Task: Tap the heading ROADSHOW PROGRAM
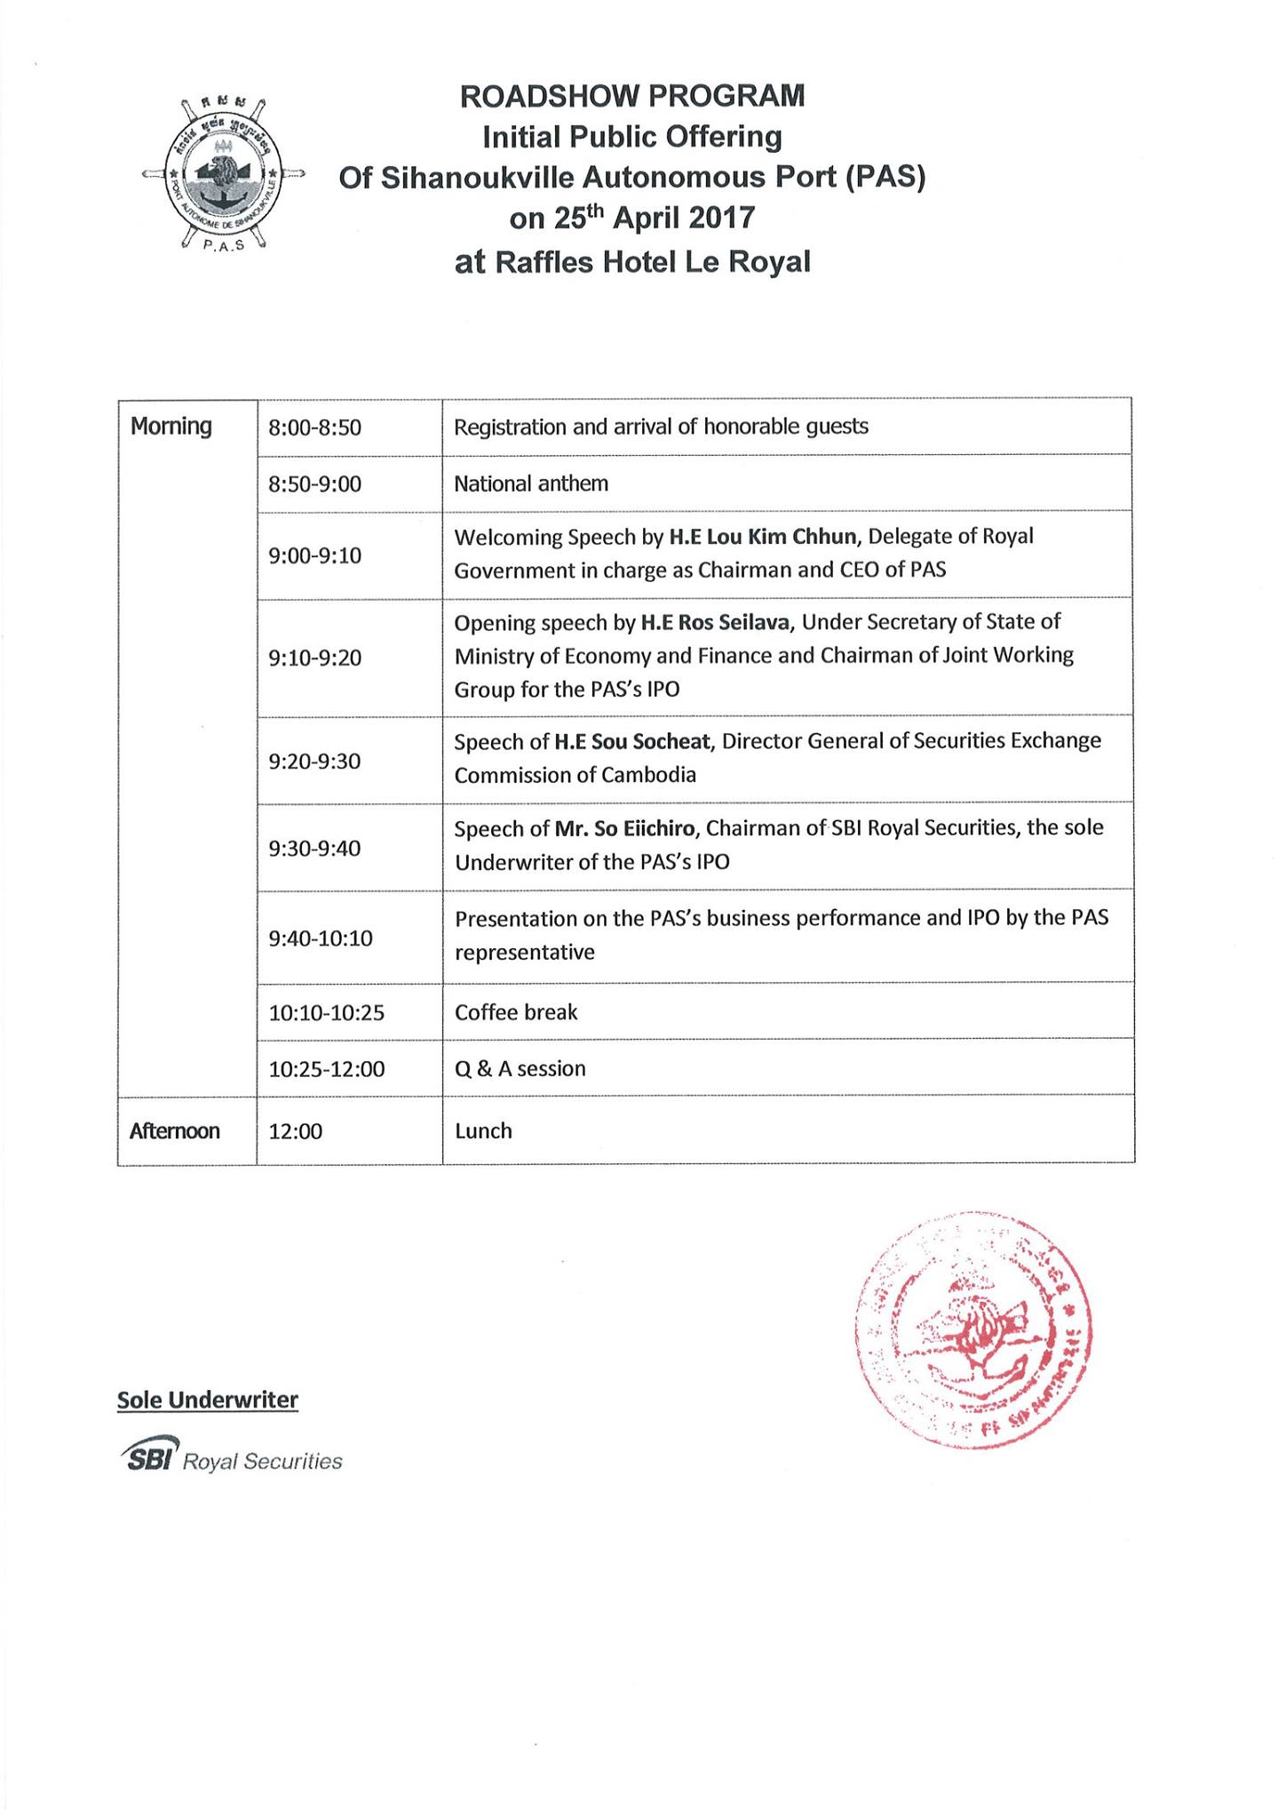631,95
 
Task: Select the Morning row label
171,427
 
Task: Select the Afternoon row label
175,1131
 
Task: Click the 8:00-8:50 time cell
314,427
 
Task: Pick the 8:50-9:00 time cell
314,484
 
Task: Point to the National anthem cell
531,483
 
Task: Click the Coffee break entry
516,1012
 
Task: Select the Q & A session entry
520,1068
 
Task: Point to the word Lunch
483,1131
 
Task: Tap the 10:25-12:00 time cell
327,1069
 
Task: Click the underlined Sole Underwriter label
208,1401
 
